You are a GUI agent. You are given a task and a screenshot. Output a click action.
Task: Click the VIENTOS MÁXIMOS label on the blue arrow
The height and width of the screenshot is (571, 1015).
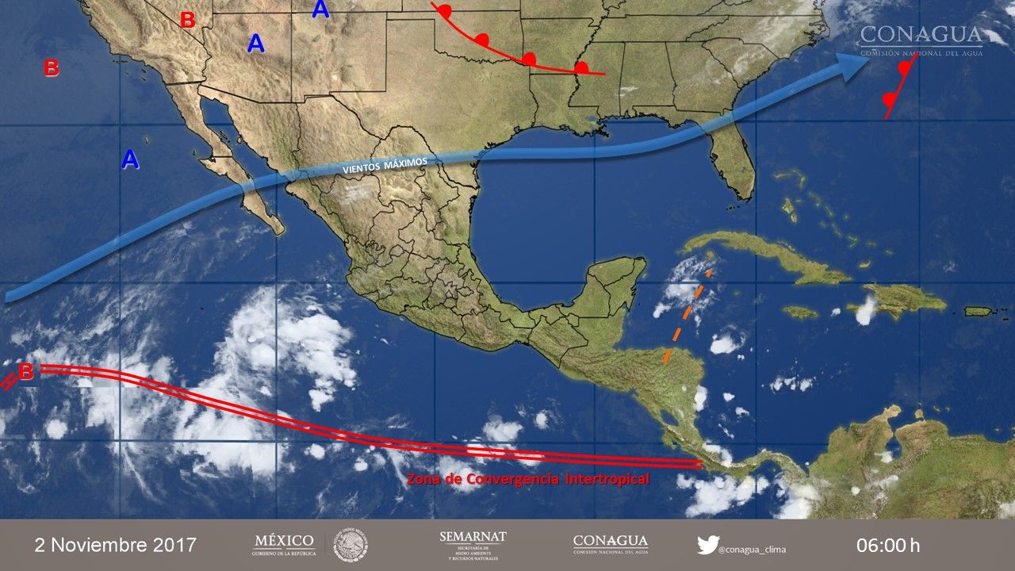(x=385, y=165)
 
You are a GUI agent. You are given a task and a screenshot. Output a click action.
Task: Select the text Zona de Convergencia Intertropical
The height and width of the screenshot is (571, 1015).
(x=527, y=479)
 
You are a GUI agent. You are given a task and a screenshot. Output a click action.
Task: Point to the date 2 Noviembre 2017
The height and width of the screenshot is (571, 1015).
(x=115, y=545)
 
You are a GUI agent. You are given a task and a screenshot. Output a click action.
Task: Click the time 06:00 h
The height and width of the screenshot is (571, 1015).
(x=887, y=545)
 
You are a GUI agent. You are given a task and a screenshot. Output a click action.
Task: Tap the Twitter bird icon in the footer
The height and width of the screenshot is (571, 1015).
(x=707, y=545)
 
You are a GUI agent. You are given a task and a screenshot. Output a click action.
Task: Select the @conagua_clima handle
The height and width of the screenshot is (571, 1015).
(x=753, y=549)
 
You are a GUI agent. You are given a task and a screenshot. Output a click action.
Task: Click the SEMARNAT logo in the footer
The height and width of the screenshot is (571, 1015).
(x=473, y=546)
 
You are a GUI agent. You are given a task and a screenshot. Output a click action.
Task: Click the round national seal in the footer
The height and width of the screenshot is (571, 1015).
(x=350, y=545)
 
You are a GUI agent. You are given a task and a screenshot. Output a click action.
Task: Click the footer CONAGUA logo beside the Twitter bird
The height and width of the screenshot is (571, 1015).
(x=610, y=544)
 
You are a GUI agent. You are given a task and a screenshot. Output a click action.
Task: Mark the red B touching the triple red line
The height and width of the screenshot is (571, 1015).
(x=25, y=371)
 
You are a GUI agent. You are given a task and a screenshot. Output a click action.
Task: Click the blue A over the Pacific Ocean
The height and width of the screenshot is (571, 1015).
(x=130, y=160)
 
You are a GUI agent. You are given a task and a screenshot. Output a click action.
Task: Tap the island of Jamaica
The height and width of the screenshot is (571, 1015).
(x=800, y=312)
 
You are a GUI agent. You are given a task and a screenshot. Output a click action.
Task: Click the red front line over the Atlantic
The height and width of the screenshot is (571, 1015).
(x=900, y=87)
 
